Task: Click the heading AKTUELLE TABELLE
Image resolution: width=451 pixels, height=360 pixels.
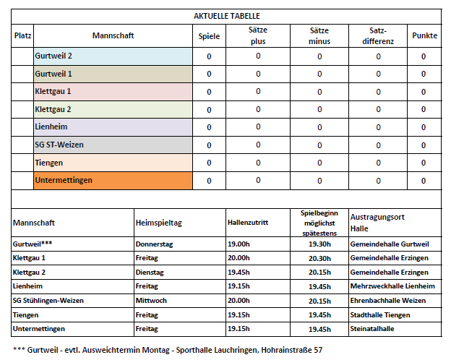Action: (227, 16)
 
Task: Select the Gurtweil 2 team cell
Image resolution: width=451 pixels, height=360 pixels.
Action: (113, 56)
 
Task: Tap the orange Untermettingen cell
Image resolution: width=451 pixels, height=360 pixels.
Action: (113, 180)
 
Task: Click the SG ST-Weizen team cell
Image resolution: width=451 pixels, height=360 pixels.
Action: (113, 145)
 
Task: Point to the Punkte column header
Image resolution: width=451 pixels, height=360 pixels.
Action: (424, 36)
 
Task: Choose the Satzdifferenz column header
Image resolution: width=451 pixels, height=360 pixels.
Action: (377, 36)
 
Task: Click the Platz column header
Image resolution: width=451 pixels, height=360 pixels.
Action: (23, 36)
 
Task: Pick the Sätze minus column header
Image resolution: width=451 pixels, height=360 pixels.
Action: (319, 36)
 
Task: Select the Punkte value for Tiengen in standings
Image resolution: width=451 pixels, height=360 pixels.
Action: (424, 163)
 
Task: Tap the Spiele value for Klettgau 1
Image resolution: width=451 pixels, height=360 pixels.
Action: (209, 92)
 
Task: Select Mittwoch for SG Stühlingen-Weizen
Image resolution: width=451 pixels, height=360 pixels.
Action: (152, 301)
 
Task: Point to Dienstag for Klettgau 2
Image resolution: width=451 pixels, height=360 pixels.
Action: (151, 273)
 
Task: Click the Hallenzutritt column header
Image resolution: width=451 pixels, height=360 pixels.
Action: (248, 223)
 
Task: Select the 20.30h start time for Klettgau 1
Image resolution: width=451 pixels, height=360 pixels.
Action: (319, 259)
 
